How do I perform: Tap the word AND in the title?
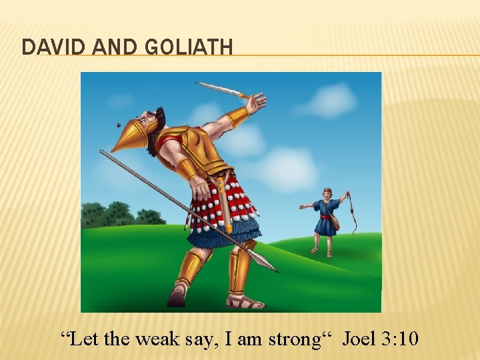111,47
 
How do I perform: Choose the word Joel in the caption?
360,339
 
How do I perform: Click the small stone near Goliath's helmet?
119,125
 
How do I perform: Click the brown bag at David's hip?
335,223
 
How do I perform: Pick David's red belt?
325,216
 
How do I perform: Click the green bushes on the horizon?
120,215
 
